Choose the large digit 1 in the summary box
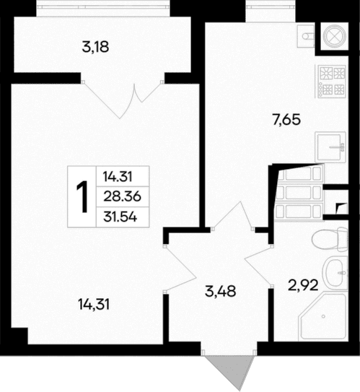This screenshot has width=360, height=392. point(83,196)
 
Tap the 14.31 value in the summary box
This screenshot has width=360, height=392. point(117,175)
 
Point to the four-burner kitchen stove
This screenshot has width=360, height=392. point(330,82)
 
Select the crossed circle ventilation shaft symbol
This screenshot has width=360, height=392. point(334,35)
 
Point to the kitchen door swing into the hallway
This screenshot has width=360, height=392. point(230,216)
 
